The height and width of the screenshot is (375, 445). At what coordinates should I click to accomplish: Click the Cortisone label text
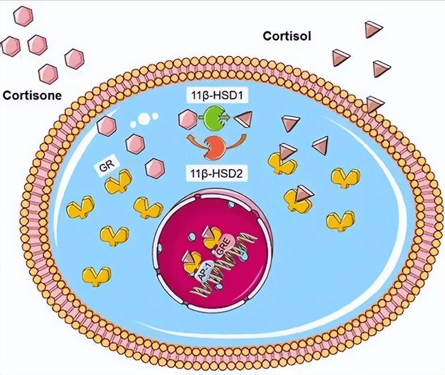[x=32, y=95]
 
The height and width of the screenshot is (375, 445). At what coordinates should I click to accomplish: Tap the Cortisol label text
[x=286, y=36]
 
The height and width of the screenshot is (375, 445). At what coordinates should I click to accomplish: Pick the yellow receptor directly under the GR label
[x=119, y=183]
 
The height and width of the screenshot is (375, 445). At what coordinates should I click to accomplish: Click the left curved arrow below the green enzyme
[x=194, y=140]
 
